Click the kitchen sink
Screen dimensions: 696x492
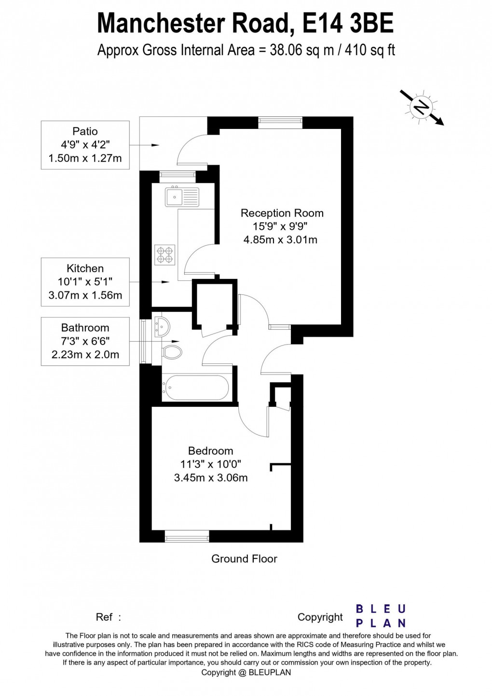point(181,196)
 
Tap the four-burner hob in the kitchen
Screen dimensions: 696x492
point(164,254)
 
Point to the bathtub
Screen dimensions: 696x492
point(194,388)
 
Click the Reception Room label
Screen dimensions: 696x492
point(282,213)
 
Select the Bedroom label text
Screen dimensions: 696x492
point(210,451)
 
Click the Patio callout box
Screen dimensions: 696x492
point(85,144)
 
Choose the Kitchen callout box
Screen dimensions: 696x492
point(85,281)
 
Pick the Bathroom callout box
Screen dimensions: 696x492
point(85,341)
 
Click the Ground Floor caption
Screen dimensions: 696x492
point(244,559)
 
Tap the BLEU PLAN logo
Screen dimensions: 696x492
point(381,616)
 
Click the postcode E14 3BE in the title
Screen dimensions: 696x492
point(348,23)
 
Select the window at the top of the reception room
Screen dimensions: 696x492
point(280,122)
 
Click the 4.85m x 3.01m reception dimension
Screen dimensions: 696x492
point(280,239)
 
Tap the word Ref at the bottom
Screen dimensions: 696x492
point(105,617)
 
